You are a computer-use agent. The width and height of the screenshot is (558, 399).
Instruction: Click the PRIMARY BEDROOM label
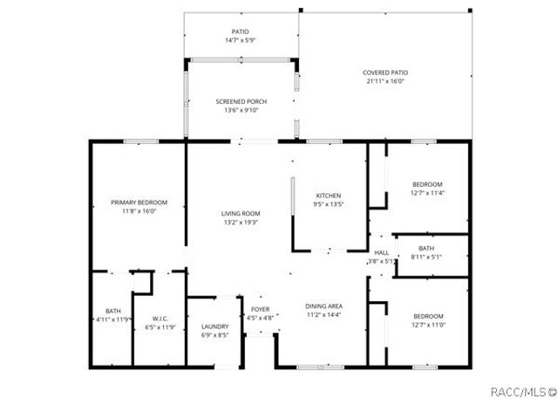pyautogui.click(x=139, y=203)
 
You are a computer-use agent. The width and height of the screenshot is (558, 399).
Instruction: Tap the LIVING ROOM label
pyautogui.click(x=241, y=214)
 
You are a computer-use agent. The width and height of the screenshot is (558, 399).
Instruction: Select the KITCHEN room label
pyautogui.click(x=328, y=196)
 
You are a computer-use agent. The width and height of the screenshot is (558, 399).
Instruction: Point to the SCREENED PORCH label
pyautogui.click(x=242, y=102)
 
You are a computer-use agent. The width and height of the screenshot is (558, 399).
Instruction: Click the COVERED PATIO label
pyautogui.click(x=385, y=72)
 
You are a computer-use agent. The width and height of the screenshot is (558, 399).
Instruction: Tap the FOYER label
pyautogui.click(x=261, y=310)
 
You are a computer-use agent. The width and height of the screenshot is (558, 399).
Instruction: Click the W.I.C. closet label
pyautogui.click(x=160, y=319)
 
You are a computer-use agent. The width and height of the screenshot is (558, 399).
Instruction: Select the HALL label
pyautogui.click(x=382, y=252)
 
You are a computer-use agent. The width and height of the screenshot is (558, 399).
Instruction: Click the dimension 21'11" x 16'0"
pyautogui.click(x=385, y=81)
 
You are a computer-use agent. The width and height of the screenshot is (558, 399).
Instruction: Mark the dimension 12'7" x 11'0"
pyautogui.click(x=427, y=325)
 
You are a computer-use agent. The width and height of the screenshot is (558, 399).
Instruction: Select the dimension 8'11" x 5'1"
pyautogui.click(x=426, y=257)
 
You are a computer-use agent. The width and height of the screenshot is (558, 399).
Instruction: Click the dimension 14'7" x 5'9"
pyautogui.click(x=240, y=40)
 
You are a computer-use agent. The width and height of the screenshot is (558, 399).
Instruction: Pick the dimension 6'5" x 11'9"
pyautogui.click(x=160, y=327)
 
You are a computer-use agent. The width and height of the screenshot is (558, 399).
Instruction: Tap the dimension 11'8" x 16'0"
pyautogui.click(x=139, y=211)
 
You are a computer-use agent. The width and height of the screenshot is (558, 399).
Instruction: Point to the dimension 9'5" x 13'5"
pyautogui.click(x=328, y=204)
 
